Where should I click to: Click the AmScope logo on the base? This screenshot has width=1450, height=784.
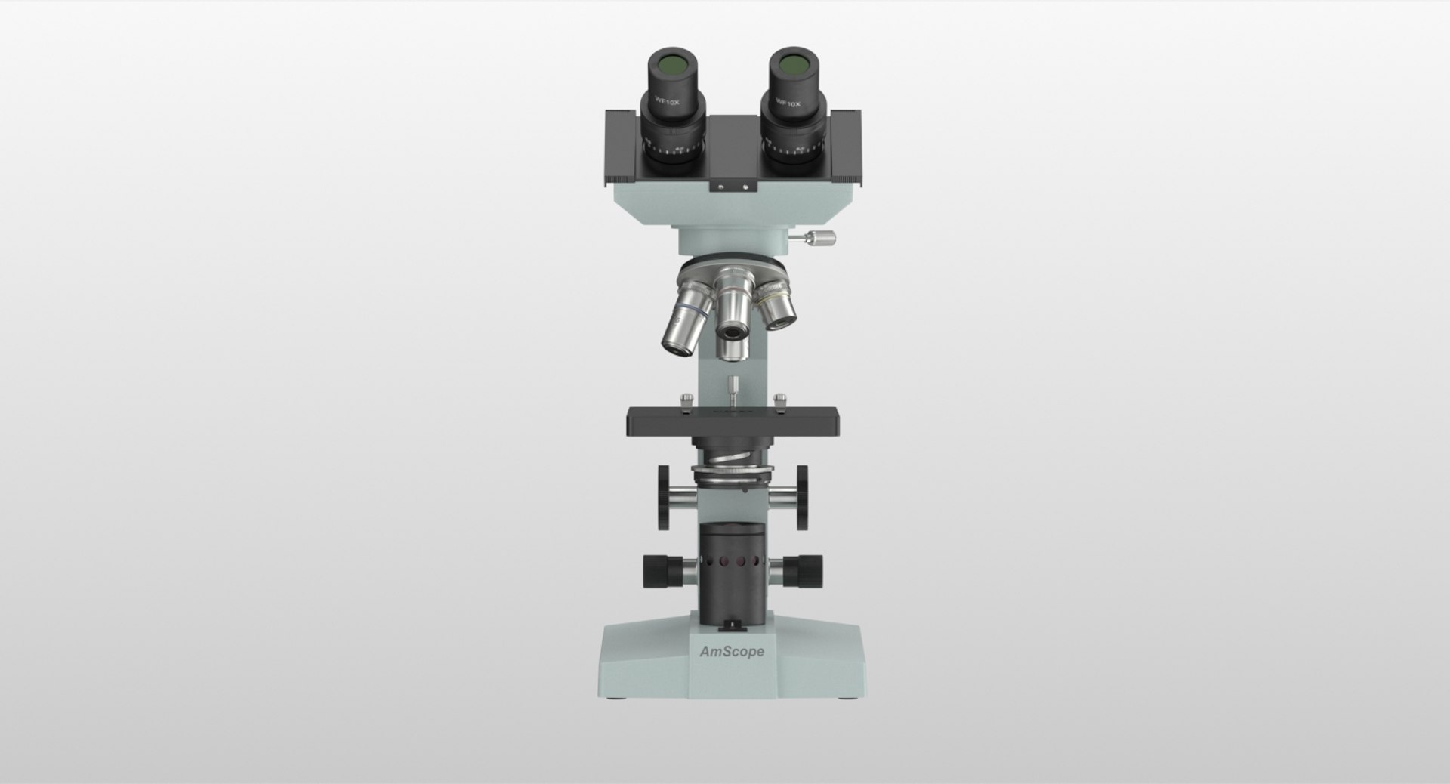731,651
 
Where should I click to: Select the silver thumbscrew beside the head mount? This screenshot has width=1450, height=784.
820,239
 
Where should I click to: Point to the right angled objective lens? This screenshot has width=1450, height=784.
779,310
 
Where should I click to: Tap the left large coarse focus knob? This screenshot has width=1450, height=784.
664,496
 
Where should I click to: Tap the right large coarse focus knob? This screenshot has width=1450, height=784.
801,496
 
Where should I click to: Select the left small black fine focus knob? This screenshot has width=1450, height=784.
656,571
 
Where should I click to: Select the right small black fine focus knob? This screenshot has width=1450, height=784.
810,571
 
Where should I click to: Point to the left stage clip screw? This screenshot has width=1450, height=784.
685,403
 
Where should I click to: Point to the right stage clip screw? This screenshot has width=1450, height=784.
781,402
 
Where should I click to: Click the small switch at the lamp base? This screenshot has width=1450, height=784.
731,625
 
